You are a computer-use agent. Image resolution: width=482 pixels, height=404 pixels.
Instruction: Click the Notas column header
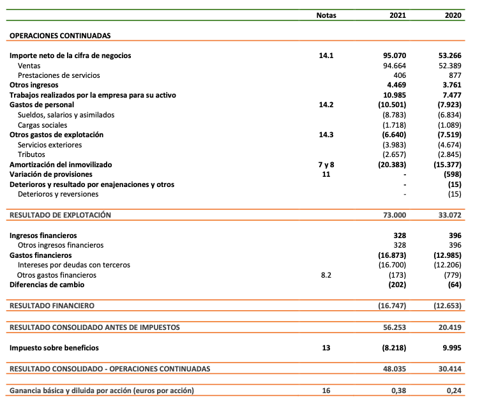click(326, 16)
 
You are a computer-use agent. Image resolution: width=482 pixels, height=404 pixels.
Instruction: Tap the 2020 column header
click(453, 16)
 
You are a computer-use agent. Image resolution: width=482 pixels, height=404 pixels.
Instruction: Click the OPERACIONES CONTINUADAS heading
click(60, 36)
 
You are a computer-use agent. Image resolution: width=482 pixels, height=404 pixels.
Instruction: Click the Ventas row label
click(30, 66)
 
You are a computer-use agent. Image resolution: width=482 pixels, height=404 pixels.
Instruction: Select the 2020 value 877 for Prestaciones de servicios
click(455, 75)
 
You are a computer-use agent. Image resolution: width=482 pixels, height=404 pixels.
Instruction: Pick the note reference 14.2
click(326, 105)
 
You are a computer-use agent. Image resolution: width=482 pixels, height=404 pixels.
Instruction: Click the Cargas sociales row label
click(43, 125)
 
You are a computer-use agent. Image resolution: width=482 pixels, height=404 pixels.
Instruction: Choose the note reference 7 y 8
click(326, 165)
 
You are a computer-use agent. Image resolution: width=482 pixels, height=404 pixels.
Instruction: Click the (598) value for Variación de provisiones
click(452, 174)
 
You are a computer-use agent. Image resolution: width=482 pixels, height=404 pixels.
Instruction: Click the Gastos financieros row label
click(40, 255)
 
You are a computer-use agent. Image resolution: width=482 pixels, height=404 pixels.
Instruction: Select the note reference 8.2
click(326, 275)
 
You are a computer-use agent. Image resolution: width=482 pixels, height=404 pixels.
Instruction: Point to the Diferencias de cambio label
click(47, 285)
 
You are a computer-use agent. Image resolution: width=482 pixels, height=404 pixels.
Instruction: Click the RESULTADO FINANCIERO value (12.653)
click(448, 306)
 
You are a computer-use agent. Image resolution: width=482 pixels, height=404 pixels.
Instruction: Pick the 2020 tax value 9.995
click(451, 348)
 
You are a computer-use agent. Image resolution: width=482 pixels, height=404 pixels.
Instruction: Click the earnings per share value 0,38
click(398, 390)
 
